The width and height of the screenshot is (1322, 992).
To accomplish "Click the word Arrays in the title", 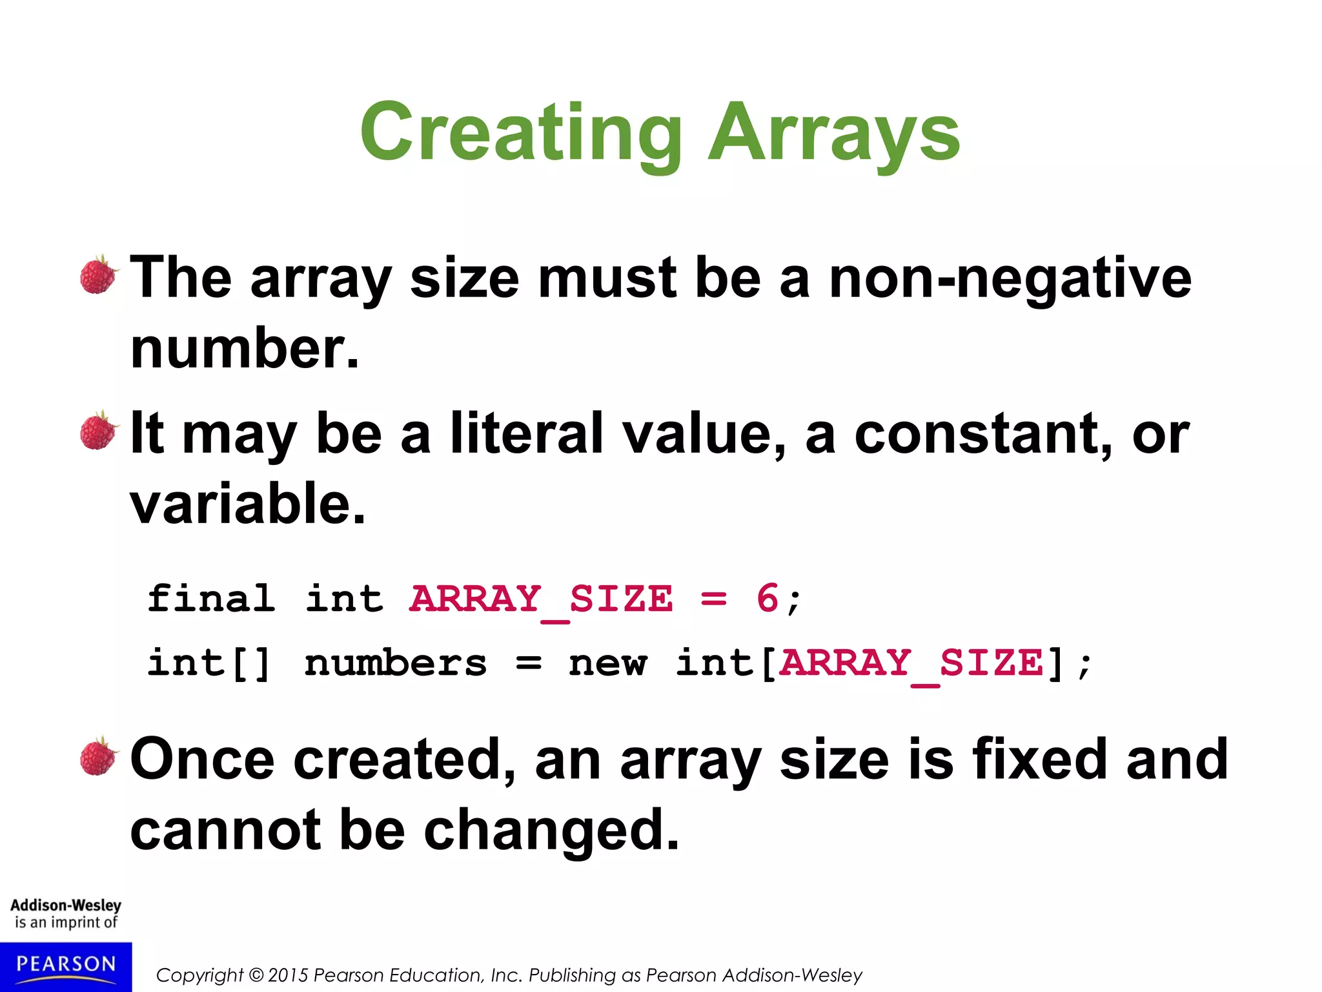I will (x=834, y=134).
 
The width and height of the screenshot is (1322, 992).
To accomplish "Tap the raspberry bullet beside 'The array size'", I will (x=99, y=275).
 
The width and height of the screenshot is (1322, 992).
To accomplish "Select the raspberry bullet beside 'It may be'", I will (x=99, y=431).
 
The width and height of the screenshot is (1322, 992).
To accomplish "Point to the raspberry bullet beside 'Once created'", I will (x=99, y=756).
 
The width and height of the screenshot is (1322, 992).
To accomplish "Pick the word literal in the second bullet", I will (x=526, y=433).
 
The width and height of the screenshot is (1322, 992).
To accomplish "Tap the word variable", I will (x=247, y=504).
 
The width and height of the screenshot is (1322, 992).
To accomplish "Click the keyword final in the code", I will (x=211, y=598).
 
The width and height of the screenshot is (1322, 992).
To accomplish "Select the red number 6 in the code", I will (x=768, y=598).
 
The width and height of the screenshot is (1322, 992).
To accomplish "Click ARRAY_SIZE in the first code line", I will (x=541, y=599).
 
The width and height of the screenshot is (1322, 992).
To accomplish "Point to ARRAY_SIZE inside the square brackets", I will (x=911, y=664).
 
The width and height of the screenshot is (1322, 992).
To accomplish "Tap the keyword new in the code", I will (x=607, y=664).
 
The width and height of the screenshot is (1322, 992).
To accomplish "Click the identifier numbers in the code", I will (x=395, y=664).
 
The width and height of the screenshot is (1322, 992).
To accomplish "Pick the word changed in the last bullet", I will (x=552, y=831).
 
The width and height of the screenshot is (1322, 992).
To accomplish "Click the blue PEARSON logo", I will (x=66, y=966).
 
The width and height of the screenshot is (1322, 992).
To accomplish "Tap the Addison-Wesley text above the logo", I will (x=66, y=905).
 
